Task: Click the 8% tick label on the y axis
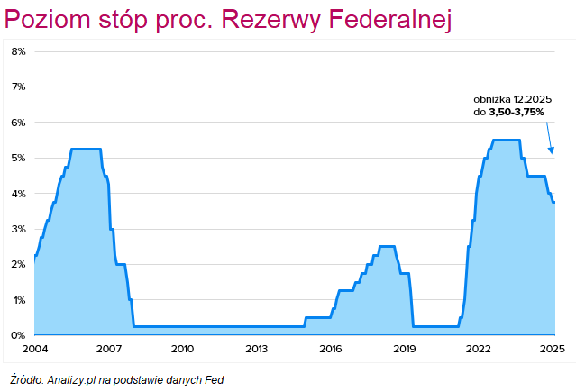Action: [18, 51]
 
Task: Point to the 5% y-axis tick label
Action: [18, 158]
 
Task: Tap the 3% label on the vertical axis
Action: [18, 229]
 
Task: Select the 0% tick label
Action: [18, 335]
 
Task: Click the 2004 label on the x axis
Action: [34, 349]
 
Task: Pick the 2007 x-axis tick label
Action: [108, 349]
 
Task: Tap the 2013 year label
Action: [256, 349]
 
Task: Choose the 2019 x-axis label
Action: [405, 349]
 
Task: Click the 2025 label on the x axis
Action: [553, 349]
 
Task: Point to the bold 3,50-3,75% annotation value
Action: [517, 111]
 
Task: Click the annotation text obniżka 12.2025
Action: [511, 98]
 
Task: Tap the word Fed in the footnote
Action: [213, 379]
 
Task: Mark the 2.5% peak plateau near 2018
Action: [387, 246]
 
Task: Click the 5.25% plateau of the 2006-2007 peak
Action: [86, 149]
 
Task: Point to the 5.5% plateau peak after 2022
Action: [506, 140]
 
